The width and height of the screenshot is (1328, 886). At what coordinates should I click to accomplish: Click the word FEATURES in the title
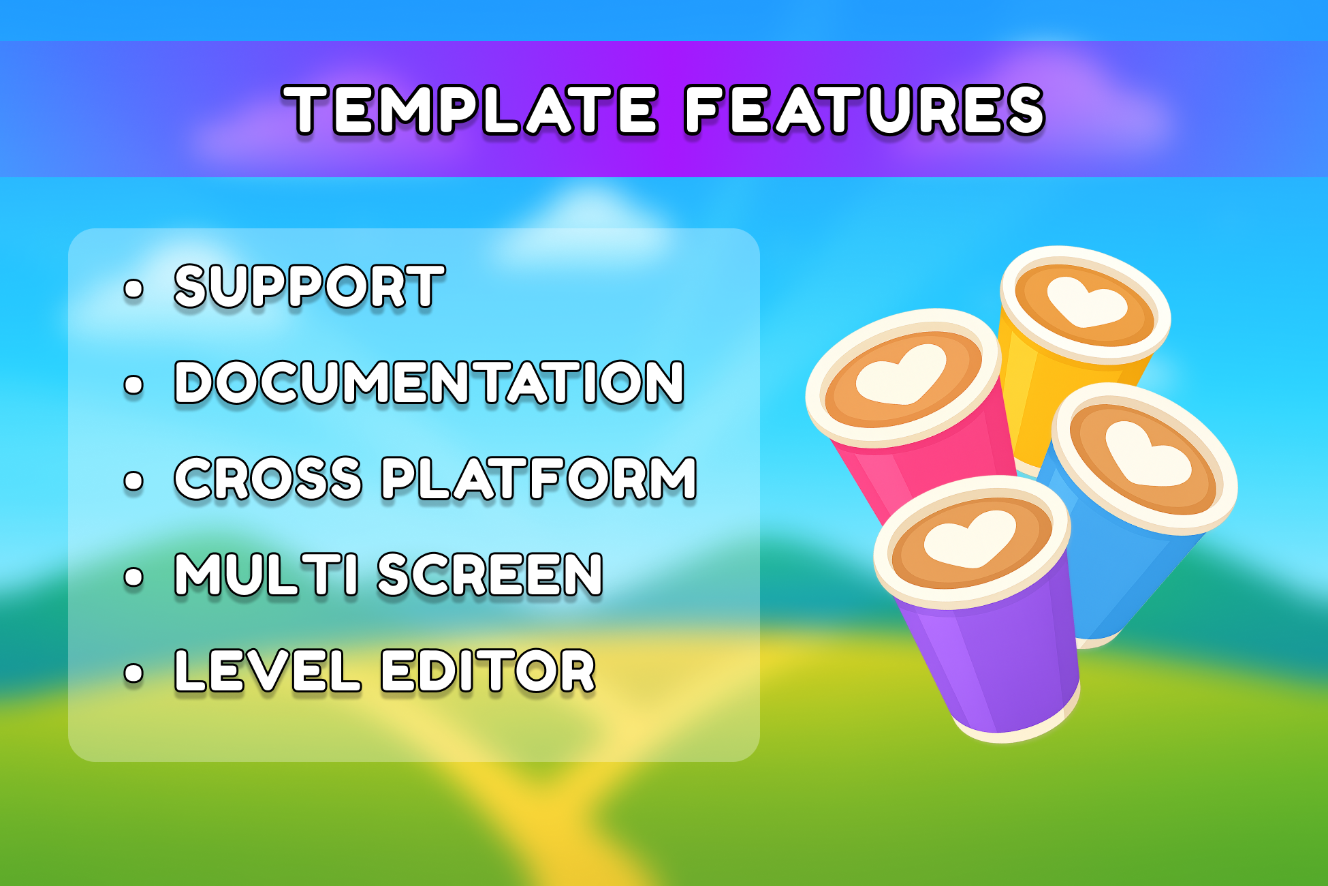click(864, 110)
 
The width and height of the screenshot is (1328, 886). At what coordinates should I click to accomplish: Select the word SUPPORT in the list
click(310, 286)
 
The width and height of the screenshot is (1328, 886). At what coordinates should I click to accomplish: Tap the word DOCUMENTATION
click(429, 382)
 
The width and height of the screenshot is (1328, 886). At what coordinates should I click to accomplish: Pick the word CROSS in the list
click(268, 478)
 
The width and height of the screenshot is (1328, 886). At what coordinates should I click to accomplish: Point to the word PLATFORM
click(539, 478)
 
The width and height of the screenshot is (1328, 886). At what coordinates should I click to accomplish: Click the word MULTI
click(266, 575)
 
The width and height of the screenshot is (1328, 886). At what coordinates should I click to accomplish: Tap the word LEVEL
click(268, 671)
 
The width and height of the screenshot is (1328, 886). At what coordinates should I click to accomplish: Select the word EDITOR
click(488, 671)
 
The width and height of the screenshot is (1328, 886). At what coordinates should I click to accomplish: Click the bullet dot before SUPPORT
click(134, 288)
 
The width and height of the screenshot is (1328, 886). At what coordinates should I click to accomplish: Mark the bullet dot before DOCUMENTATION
click(134, 384)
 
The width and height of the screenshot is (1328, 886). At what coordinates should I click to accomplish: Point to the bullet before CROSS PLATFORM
click(134, 480)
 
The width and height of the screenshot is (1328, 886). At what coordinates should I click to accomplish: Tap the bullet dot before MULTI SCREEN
click(134, 577)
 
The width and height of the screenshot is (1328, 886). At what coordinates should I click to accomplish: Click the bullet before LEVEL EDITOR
click(134, 673)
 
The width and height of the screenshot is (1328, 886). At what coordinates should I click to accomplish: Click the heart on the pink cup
click(901, 376)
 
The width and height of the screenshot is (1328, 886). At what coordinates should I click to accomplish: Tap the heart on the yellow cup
click(1087, 303)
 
